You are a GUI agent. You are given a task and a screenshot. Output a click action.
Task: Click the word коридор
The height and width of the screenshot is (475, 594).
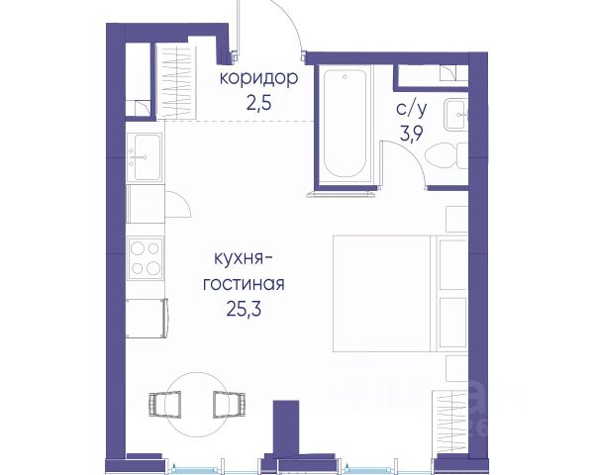258,78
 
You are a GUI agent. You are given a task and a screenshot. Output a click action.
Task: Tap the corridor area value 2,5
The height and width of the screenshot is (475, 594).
259,103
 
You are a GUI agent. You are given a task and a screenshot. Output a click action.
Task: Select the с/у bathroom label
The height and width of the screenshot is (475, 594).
412,109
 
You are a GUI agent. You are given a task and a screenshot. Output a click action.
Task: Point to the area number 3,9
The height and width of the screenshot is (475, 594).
412,133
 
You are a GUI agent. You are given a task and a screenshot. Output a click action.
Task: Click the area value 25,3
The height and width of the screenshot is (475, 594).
244,309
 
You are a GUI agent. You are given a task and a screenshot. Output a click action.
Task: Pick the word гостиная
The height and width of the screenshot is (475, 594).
244,284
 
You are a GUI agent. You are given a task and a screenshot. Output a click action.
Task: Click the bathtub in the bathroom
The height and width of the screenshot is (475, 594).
345,123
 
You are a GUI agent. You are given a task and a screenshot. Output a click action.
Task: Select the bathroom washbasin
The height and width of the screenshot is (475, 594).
456,114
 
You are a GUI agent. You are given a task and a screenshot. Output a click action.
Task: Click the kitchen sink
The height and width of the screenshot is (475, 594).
146,156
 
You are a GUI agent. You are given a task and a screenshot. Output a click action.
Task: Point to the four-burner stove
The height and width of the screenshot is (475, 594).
146,258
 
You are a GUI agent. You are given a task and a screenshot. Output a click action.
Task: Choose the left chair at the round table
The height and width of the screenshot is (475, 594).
164,404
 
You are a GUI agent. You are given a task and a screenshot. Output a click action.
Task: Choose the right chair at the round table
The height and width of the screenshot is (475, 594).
229,404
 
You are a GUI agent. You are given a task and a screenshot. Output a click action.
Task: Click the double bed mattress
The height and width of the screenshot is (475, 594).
382,294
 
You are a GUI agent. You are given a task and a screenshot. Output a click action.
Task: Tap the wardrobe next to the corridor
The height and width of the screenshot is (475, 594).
176,82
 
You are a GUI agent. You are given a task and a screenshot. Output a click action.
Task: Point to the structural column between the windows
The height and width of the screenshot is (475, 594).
286,428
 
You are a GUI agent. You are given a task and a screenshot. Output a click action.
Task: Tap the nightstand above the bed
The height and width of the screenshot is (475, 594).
457,220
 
